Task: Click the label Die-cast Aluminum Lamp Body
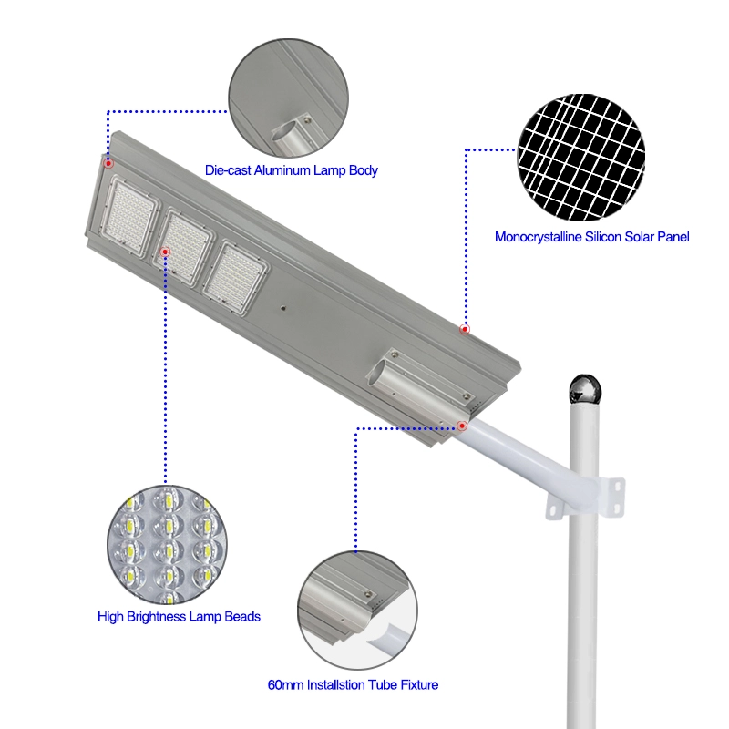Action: pos(291,170)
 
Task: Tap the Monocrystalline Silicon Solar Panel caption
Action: pos(591,237)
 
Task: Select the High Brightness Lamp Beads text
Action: pos(179,617)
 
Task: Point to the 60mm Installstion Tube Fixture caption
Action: pos(353,685)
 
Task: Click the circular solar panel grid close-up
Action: pos(581,157)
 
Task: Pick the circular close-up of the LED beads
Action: pos(168,545)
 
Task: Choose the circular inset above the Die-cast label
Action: pos(288,98)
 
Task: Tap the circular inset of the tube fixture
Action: pos(357,611)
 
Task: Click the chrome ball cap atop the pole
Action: pos(585,388)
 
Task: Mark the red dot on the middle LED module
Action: pos(165,252)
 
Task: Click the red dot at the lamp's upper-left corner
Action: pos(108,163)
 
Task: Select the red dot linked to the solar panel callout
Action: pos(465,329)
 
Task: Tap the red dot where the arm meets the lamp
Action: pos(462,426)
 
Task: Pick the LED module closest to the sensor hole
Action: pos(236,278)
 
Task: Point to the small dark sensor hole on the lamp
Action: pos(282,308)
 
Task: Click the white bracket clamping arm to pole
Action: pos(586,498)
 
